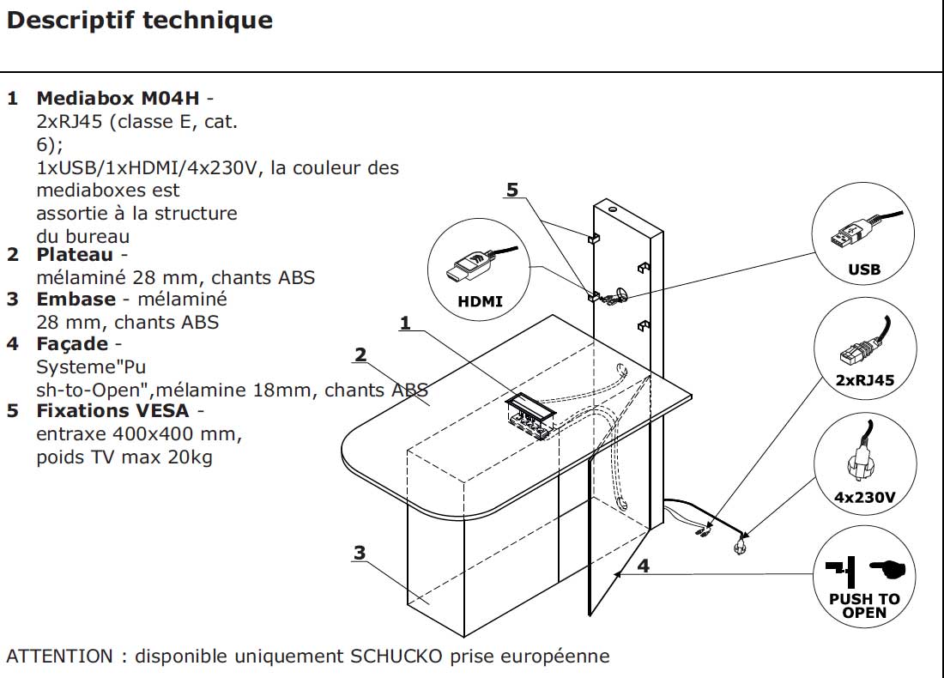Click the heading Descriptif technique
(x=140, y=21)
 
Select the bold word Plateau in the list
(x=76, y=255)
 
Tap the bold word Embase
(x=76, y=300)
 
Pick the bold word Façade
(x=72, y=344)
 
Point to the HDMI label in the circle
(x=481, y=301)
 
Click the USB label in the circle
(x=863, y=269)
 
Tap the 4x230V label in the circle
(x=864, y=496)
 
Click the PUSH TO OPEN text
(x=863, y=606)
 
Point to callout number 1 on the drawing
(x=405, y=323)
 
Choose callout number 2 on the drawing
(x=360, y=354)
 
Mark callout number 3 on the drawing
(x=360, y=553)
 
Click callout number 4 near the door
(x=644, y=566)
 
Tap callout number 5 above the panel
(x=512, y=191)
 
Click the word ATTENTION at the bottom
(x=58, y=657)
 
